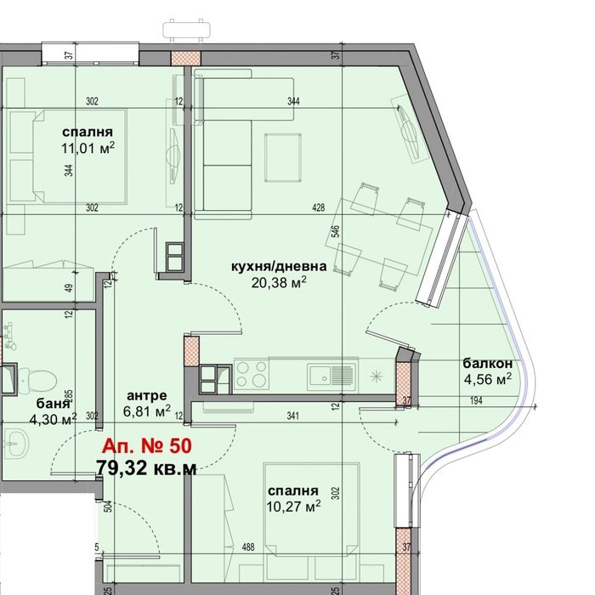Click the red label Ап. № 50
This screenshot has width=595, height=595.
[x=146, y=446]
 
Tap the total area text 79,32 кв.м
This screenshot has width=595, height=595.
[x=146, y=467]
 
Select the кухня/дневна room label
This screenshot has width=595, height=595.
[x=279, y=266]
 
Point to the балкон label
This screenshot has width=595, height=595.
[x=488, y=364]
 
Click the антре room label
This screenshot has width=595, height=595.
[x=147, y=395]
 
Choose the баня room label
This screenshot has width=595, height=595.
[x=54, y=403]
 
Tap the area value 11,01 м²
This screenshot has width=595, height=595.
[x=88, y=148]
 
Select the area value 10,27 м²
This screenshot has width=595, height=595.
[x=293, y=507]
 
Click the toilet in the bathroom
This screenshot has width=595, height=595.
[x=38, y=379]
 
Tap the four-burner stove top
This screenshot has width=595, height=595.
[x=252, y=374]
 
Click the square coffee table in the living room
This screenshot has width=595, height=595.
[x=283, y=157]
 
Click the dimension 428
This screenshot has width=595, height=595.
[x=319, y=207]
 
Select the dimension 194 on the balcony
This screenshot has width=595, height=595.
[x=476, y=400]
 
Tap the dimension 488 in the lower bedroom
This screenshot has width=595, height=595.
[x=248, y=547]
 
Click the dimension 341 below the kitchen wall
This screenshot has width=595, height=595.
[x=292, y=416]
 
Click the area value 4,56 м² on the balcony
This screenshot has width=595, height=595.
[x=488, y=379]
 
